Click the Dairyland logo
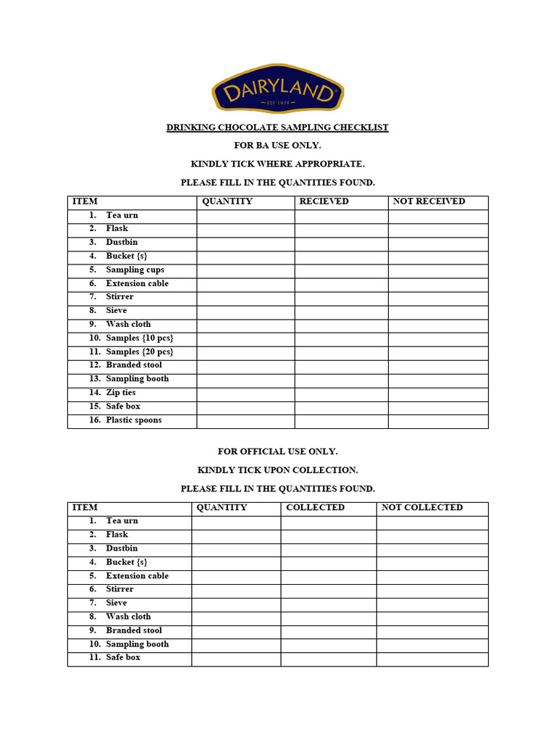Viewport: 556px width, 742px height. point(277,90)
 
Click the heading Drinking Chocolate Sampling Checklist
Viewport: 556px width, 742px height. point(277,128)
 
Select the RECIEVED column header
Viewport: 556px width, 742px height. point(324,201)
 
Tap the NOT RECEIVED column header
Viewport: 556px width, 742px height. point(429,201)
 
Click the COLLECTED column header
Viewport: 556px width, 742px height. point(315,507)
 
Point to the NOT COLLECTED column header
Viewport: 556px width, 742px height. point(421,507)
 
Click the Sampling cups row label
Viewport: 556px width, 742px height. point(135,270)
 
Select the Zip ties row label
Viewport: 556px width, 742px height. point(120,393)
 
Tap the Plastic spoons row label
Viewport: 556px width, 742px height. point(133,420)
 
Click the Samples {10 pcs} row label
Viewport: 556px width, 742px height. point(139,338)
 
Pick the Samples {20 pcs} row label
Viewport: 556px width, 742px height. point(139,352)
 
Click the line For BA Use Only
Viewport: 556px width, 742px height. point(277,146)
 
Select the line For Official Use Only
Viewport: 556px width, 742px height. point(277,451)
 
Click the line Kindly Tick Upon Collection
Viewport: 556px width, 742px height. point(277,470)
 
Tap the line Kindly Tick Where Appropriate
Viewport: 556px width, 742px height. point(277,164)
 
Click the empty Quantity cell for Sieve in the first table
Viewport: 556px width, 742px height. point(245,311)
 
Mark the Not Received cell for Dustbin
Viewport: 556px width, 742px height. point(438,243)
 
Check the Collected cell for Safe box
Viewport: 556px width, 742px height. point(328,659)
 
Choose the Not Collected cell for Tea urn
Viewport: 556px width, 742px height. point(432,522)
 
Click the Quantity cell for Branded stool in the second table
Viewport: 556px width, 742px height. point(236,631)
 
